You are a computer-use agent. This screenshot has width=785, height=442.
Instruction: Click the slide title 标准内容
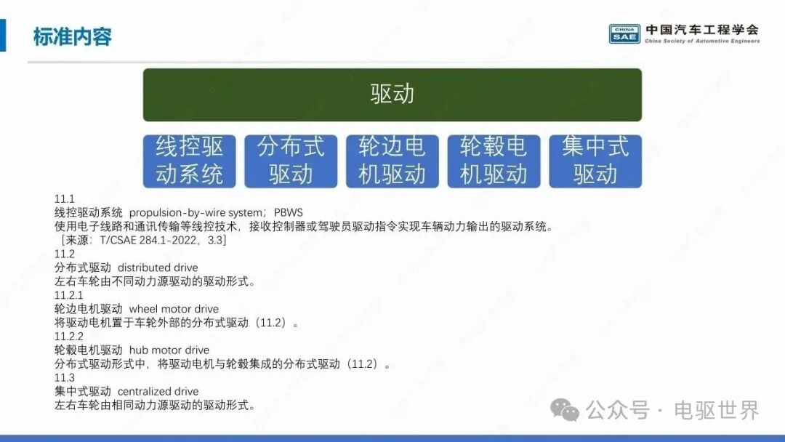73,37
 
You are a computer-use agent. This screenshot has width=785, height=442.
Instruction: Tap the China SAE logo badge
624,34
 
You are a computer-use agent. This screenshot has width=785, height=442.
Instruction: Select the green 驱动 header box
392,95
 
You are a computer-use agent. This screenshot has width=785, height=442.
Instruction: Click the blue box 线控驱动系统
189,161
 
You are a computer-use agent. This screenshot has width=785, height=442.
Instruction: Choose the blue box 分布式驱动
291,161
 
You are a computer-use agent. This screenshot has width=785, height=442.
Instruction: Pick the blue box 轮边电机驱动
392,161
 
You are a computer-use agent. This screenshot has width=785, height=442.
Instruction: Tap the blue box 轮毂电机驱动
494,161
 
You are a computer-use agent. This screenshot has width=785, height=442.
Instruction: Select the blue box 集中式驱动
595,161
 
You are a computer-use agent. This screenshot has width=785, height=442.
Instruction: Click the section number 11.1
64,199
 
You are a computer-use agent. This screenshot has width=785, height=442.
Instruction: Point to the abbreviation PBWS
289,213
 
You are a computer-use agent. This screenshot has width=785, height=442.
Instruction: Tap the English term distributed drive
158,268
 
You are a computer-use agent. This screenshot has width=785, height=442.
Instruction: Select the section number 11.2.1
68,295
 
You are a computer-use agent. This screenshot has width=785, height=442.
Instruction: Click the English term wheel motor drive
174,309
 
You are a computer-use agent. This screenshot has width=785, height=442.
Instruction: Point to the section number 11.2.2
68,337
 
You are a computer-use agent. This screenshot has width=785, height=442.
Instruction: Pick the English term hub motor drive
169,350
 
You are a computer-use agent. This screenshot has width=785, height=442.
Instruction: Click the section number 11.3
65,377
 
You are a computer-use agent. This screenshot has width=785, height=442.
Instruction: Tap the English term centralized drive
158,391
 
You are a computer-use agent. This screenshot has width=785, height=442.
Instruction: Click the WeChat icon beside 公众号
565,411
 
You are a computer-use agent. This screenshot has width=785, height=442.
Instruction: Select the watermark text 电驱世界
717,411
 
